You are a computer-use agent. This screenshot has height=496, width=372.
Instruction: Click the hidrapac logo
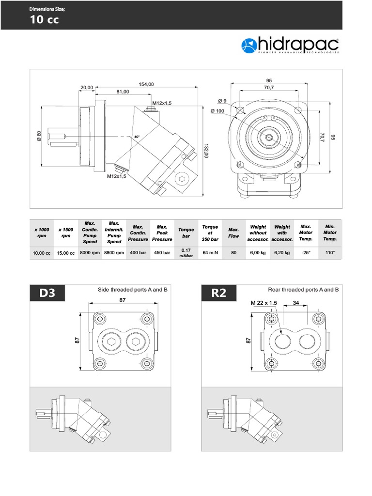(x=290, y=46)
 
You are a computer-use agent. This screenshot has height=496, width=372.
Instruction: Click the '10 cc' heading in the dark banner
(x=45, y=20)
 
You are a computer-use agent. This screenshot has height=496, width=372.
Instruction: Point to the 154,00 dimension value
(x=146, y=84)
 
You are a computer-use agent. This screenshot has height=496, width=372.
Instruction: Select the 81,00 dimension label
(x=123, y=92)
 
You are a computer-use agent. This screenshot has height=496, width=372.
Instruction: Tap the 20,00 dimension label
(x=87, y=88)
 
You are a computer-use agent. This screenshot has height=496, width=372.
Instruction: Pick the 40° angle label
(x=137, y=137)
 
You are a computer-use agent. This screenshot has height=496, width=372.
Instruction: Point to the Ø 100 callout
(x=217, y=111)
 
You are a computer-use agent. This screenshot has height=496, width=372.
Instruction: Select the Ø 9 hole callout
(x=222, y=101)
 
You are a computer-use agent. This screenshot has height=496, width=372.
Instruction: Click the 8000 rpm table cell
(x=90, y=252)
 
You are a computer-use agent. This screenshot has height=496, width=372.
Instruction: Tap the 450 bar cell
(x=162, y=252)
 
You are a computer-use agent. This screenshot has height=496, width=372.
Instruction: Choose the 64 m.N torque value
(x=210, y=252)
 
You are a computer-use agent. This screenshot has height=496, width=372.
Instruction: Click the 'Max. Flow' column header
(x=234, y=233)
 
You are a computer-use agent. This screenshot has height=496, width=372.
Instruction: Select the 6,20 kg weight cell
(x=282, y=252)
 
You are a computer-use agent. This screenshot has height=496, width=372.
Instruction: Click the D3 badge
(x=47, y=293)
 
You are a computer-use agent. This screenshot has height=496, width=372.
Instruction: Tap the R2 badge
(x=218, y=293)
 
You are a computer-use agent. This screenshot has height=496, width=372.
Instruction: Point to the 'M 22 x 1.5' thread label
(x=264, y=303)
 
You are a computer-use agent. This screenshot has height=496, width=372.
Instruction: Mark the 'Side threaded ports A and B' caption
(x=133, y=290)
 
